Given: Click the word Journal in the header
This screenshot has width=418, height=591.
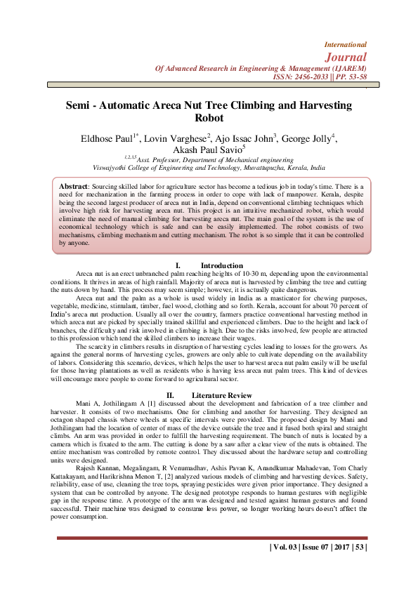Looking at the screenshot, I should click(x=347, y=56).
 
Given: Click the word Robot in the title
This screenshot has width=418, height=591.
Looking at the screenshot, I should click(x=209, y=119).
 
